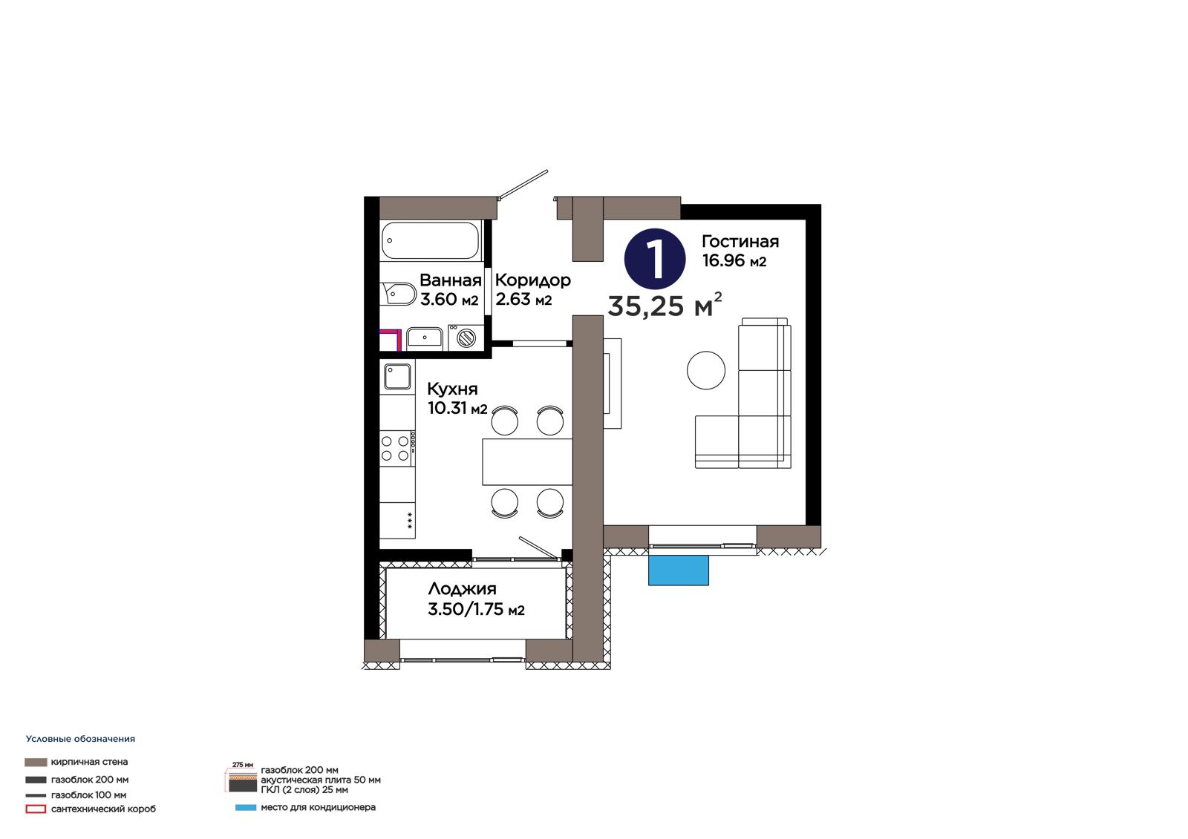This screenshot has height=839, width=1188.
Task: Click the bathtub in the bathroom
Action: pos(430,240)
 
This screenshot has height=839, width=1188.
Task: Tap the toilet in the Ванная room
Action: pos(398,294)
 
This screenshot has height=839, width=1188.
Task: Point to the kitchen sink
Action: pos(398,376)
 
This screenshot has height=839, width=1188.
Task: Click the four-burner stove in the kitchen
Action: pos(396,448)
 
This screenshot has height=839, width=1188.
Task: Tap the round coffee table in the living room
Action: pos(706,370)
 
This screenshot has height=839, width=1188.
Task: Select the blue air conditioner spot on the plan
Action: pos(679,570)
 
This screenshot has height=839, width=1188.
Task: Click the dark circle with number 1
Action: pos(655,259)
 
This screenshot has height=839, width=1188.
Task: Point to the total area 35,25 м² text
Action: pos(665,305)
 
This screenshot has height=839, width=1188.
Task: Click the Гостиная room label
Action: pos(740,242)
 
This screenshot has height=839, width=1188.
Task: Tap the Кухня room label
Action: pos(452,389)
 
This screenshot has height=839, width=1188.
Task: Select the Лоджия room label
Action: pos(463,589)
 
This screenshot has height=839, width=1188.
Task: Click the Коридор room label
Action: pos(533,280)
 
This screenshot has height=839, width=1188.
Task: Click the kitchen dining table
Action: pos(527,461)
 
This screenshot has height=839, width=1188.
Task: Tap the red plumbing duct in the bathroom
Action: pos(391,339)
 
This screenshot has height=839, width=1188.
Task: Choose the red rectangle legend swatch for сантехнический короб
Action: pos(36,809)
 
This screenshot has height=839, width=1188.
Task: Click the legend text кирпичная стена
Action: pos(89,762)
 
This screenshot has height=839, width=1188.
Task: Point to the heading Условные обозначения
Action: pos(81,739)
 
